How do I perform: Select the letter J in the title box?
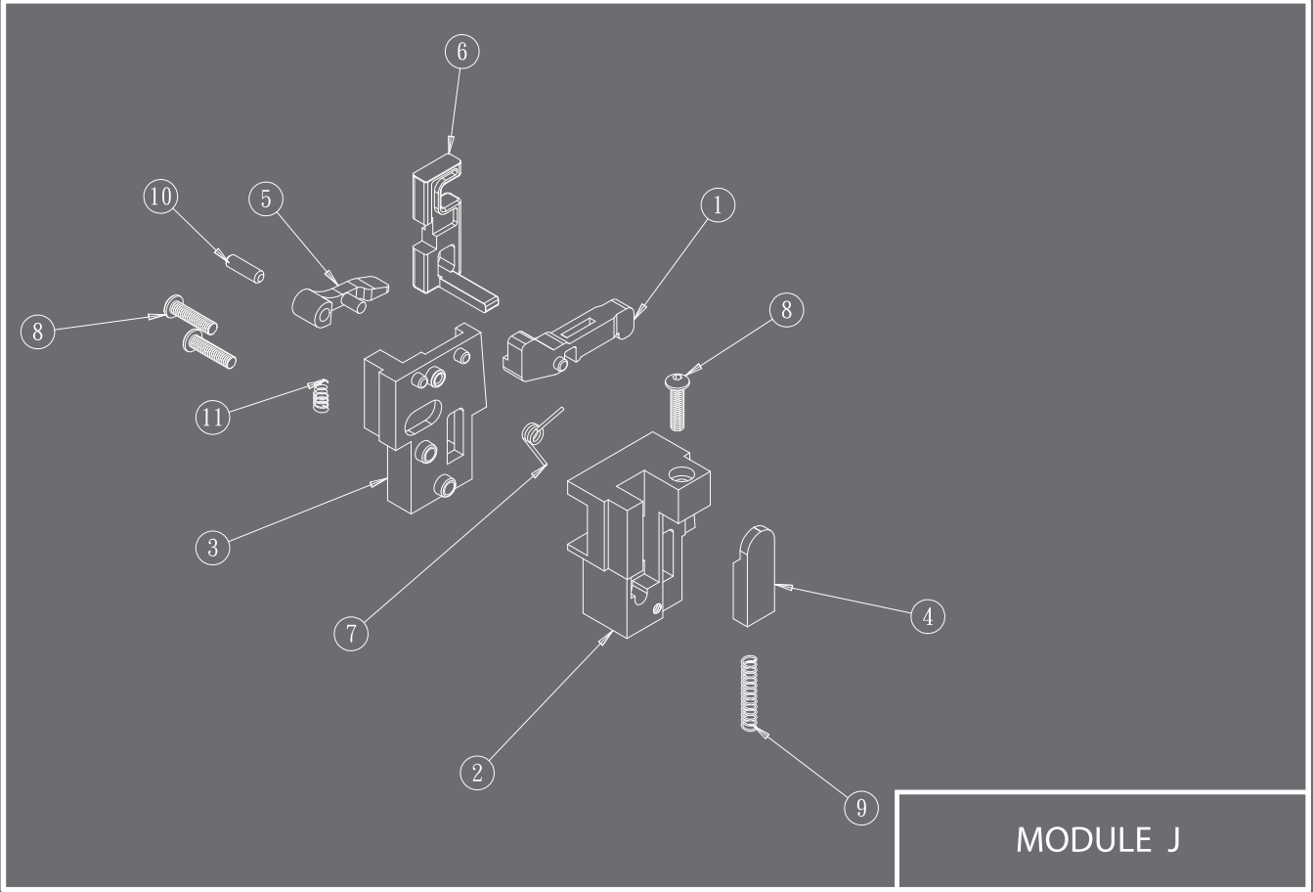(1172, 840)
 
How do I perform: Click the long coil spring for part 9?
(749, 693)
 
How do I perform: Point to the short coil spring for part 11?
(320, 396)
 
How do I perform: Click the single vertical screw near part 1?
(678, 402)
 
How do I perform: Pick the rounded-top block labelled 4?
(754, 576)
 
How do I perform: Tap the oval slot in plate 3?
(423, 417)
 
